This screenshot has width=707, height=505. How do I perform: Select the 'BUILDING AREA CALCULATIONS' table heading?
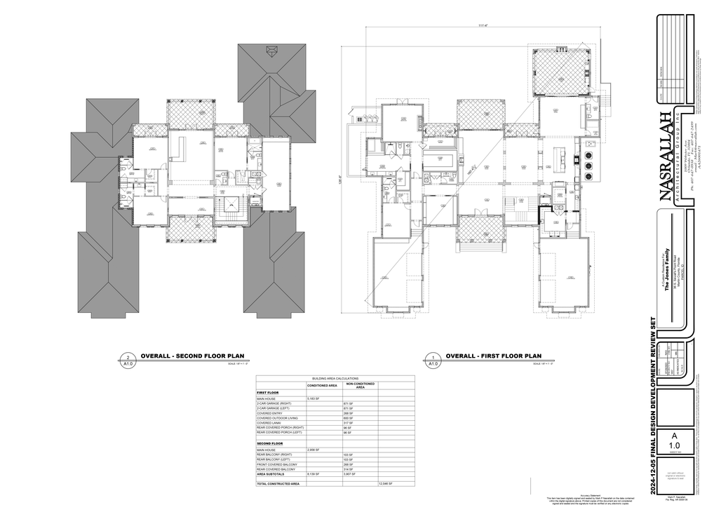pos(335,377)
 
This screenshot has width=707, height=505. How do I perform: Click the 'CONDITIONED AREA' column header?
pos(323,386)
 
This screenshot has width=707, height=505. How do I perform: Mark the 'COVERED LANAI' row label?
pos(269,424)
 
